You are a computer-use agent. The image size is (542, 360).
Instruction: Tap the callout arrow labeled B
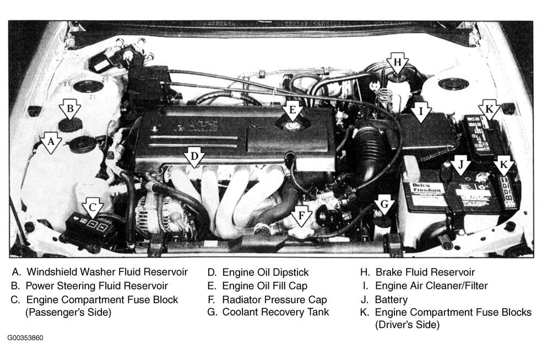[70, 109]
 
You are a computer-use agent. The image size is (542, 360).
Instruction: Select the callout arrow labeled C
[93, 208]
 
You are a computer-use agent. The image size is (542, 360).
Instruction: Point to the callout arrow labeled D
[194, 157]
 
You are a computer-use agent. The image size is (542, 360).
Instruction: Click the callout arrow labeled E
[292, 111]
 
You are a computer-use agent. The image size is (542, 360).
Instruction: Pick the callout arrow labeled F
[301, 216]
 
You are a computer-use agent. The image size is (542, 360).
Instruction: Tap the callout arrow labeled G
[384, 205]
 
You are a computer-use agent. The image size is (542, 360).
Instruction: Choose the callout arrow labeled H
[398, 63]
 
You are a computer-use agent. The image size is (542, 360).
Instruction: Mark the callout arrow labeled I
[421, 112]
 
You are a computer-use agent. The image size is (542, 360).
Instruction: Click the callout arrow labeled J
[460, 165]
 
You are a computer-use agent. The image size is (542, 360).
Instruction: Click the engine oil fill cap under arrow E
[292, 125]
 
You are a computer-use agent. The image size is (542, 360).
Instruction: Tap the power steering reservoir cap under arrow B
[70, 124]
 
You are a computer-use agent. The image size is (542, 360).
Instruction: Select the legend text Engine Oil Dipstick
[265, 272]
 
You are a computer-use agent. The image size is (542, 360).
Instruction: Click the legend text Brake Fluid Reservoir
[425, 272]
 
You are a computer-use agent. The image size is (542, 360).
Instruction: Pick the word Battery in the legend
[391, 299]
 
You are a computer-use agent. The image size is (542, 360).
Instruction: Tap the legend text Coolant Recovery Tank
[275, 312]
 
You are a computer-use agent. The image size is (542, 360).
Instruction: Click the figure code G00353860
[25, 338]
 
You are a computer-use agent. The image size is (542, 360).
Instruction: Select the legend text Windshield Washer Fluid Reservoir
[107, 272]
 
